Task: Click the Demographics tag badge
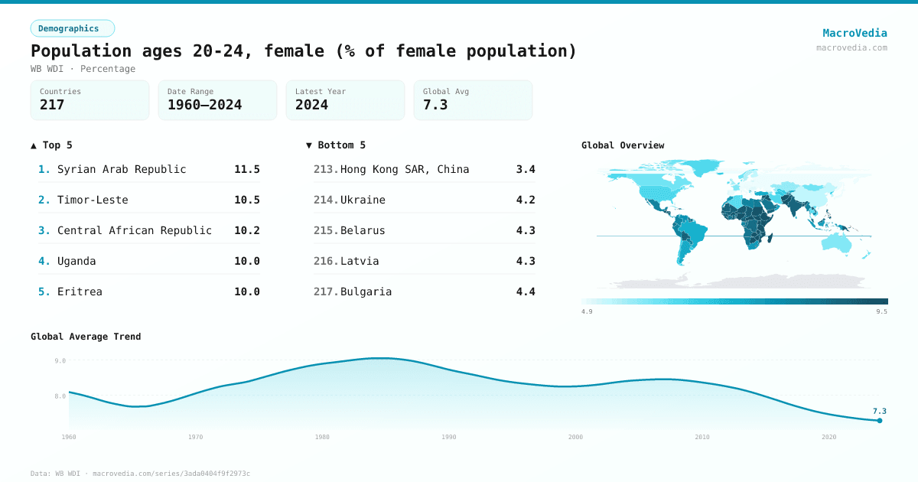[x=72, y=28]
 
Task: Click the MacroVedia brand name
[x=855, y=33]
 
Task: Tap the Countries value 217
[x=52, y=105]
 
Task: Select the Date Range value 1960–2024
[x=204, y=105]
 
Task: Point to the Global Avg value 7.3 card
[x=472, y=100]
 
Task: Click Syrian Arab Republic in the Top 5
[x=122, y=169]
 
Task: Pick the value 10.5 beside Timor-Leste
[x=246, y=200]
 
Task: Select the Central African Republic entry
[x=134, y=230]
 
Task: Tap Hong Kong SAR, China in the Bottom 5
[x=405, y=169]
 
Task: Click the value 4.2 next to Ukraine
[x=526, y=200]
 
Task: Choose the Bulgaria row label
[x=366, y=291]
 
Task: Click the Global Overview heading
[x=623, y=145]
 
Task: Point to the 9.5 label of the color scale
[x=881, y=311]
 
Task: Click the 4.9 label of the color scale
[x=587, y=311]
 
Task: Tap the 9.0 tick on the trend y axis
[x=60, y=360]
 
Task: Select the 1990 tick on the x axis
[x=448, y=437]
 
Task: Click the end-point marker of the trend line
[x=880, y=420]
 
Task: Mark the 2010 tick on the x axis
[x=702, y=437]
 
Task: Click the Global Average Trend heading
[x=86, y=337]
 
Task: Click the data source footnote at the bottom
[x=140, y=474]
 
